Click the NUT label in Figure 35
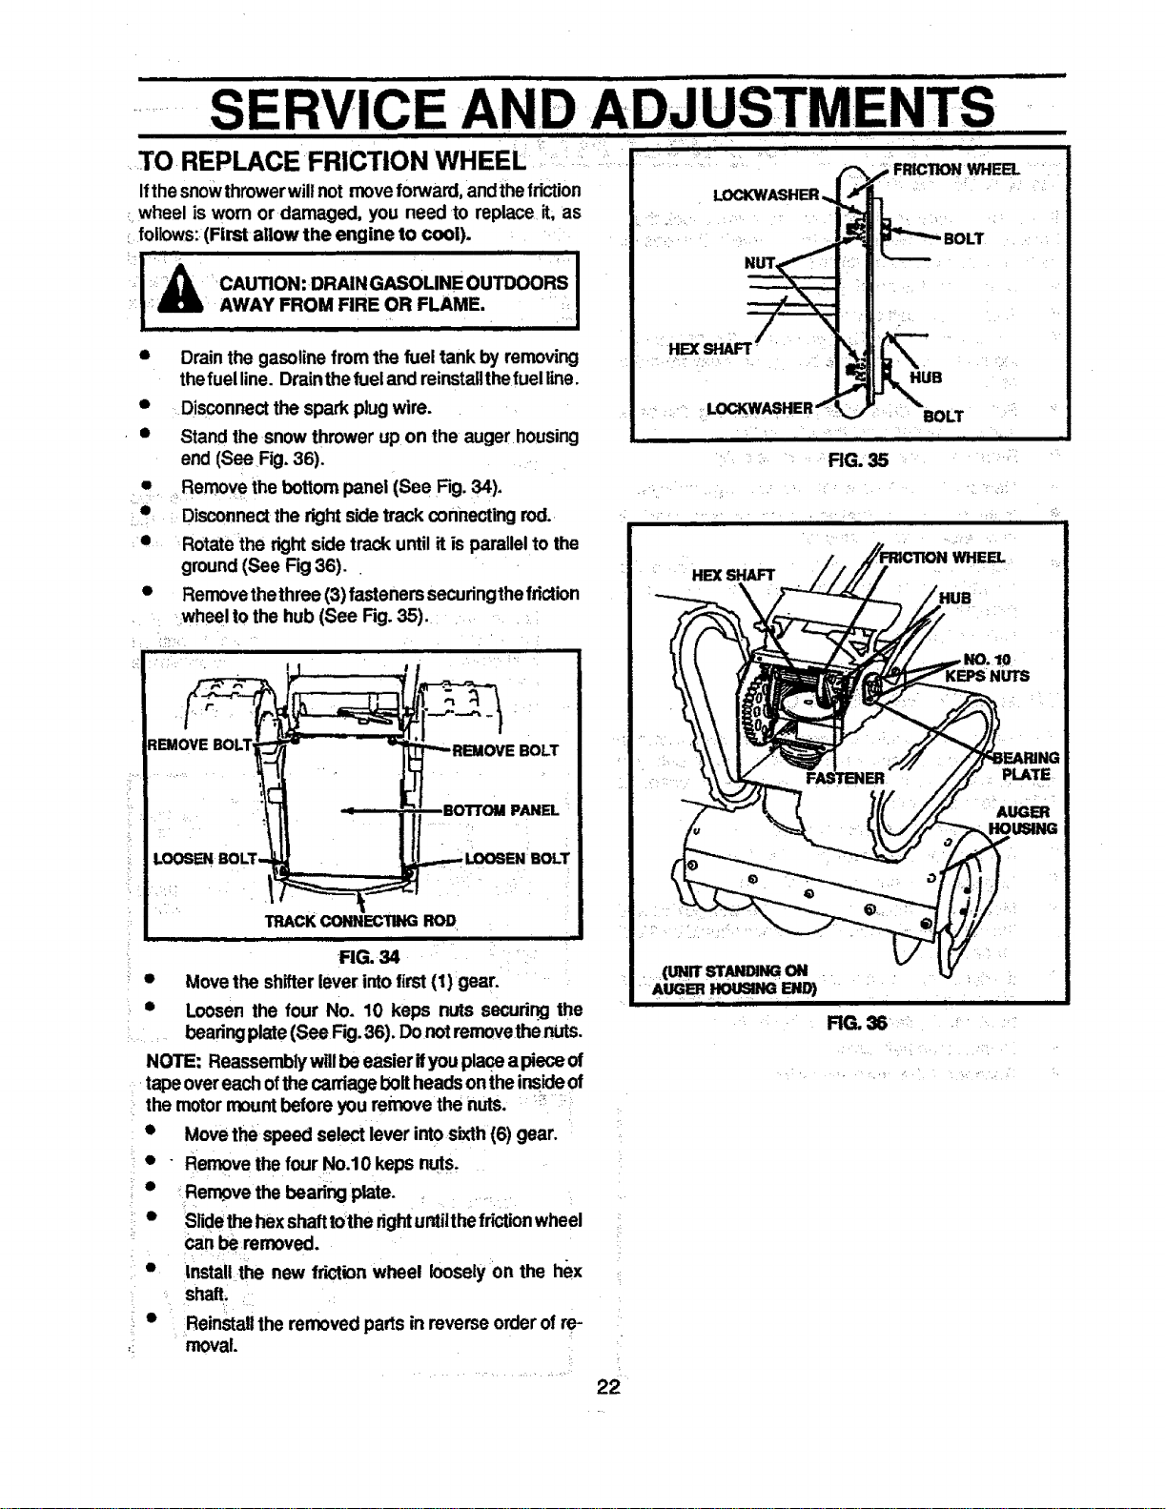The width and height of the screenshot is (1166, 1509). pos(759,262)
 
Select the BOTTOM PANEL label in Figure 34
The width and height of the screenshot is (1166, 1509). pos(501,810)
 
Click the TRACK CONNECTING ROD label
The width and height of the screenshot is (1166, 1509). pos(360,921)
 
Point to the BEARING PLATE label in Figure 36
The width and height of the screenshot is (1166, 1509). pos(1026,766)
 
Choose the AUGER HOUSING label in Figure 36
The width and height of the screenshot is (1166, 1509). pos(1023,820)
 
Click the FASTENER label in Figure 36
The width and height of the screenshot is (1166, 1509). pos(845,779)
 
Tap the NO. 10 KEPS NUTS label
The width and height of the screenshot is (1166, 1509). pos(988,668)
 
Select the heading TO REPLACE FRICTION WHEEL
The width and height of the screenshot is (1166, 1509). pos(332,161)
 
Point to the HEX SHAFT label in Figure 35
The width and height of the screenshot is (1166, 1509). pos(709,349)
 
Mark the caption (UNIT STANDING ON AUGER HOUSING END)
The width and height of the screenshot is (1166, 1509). pos(736,979)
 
